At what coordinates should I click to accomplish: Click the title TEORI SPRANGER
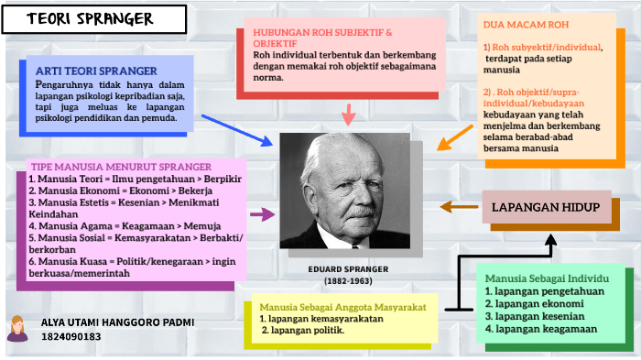[x=89, y=20]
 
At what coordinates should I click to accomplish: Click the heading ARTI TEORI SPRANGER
[x=96, y=71]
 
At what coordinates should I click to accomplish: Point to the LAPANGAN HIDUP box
[x=545, y=208]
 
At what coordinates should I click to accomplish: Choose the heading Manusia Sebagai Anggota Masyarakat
[x=342, y=307]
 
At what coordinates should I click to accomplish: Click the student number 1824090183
[x=71, y=337]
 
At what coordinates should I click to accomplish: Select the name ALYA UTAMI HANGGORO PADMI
[x=117, y=323]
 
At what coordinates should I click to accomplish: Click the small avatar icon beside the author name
[x=16, y=328]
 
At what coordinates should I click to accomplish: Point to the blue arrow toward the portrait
[x=236, y=128]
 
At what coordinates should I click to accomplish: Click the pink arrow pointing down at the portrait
[x=348, y=115]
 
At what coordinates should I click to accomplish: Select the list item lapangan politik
[x=302, y=331]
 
